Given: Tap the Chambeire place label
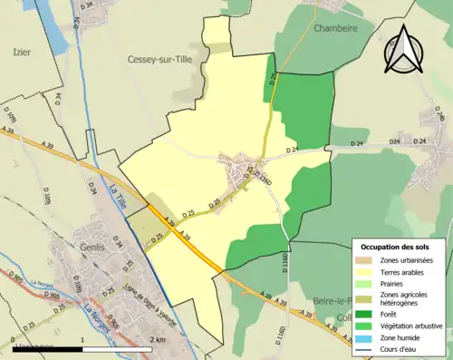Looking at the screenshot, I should tap(335, 28).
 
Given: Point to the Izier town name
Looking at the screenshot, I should tap(21, 53).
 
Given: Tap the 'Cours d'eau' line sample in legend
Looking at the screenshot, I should tap(366, 348).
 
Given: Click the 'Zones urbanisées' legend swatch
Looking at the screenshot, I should tap(366, 259).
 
